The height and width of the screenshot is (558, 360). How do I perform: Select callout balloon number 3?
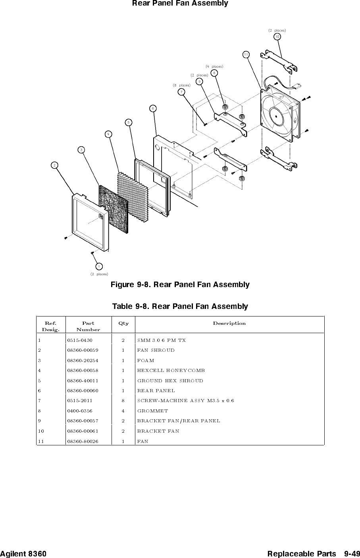click(x=81, y=150)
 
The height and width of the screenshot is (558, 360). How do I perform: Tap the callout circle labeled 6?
click(x=153, y=107)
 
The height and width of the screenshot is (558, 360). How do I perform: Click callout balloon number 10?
click(x=277, y=36)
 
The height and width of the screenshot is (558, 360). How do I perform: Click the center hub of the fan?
click(x=275, y=114)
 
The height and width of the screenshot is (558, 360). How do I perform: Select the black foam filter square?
click(x=114, y=208)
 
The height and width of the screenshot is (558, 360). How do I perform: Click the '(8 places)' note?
click(x=181, y=85)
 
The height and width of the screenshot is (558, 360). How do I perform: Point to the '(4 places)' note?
click(x=214, y=66)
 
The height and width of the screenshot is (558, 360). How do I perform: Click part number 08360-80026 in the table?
click(x=83, y=441)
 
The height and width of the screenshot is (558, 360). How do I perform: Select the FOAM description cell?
click(x=146, y=360)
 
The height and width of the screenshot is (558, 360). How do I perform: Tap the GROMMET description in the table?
click(x=152, y=411)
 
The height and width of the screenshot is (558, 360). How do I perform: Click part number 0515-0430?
click(x=80, y=340)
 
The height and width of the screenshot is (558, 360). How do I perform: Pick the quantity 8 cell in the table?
click(x=123, y=401)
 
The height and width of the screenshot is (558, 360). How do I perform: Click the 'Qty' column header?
click(x=123, y=323)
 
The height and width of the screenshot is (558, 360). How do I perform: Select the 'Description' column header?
click(x=229, y=323)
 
